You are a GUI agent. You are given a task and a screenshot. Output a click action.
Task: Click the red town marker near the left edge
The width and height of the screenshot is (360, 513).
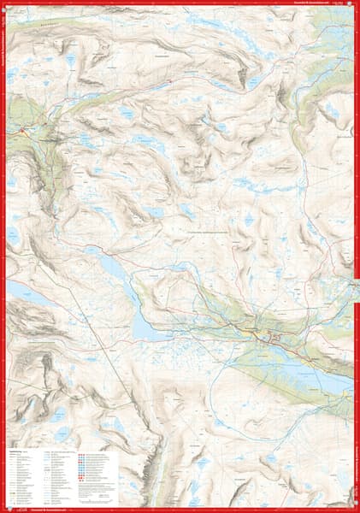tap(21, 130)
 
